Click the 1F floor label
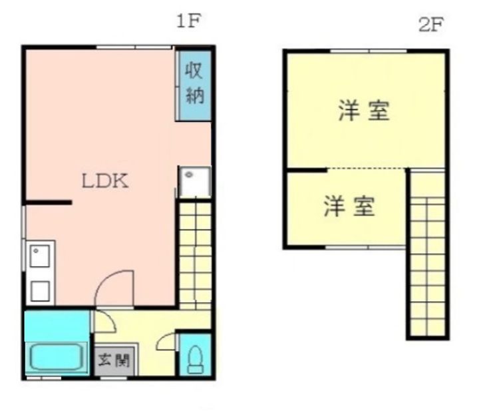188,21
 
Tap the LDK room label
104,181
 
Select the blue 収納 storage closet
194,83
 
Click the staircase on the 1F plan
195,253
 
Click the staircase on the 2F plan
426,253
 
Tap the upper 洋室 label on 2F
363,111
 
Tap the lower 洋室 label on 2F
349,206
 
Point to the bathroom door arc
106,322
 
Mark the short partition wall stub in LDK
47,201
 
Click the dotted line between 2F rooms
366,169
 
